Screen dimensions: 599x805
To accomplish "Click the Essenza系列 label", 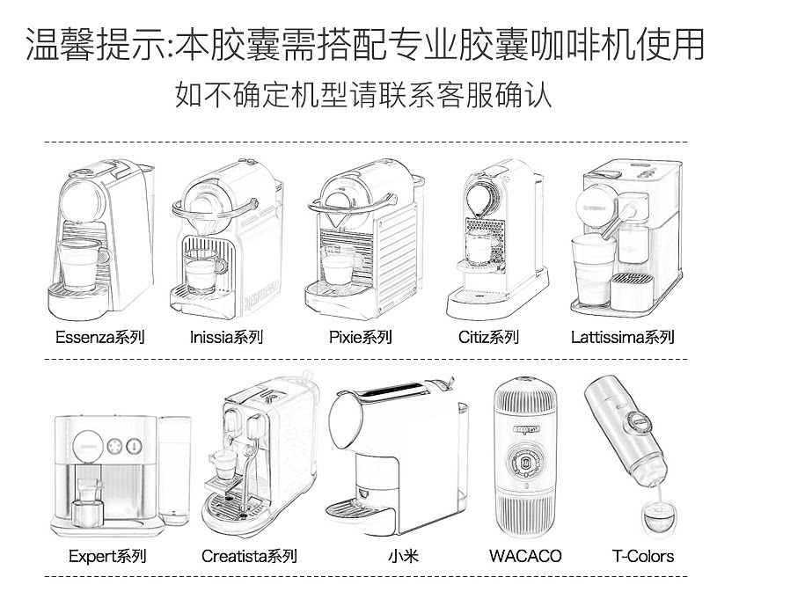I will coord(99,337).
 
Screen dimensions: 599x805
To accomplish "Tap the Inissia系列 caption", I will coord(226,337).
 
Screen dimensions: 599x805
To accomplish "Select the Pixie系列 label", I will coord(360,337).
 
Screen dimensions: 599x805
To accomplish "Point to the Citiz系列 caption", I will coord(488,337).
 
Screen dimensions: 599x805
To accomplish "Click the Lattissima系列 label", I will coord(622,337).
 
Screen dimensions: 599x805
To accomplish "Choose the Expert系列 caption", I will coord(107,556).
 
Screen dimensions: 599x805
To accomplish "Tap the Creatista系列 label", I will coord(249,556).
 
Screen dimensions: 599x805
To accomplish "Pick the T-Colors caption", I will coord(643,556).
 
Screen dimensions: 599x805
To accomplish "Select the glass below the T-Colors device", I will coord(655,518).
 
